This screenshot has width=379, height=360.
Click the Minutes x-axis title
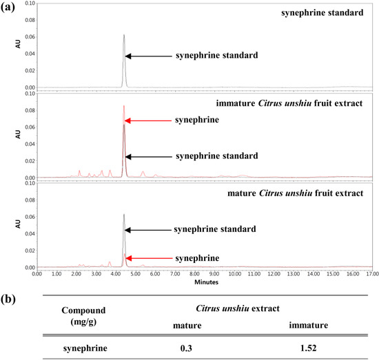point(203,282)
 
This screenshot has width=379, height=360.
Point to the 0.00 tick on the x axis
point(37,274)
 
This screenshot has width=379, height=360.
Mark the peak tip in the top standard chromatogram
point(124,35)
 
